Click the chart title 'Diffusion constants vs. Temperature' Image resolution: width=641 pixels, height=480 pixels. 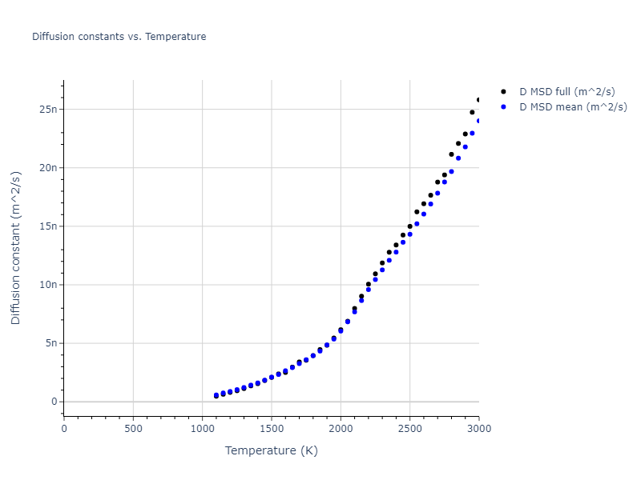pyautogui.click(x=119, y=37)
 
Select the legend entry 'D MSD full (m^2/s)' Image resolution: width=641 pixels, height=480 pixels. pyautogui.click(x=567, y=92)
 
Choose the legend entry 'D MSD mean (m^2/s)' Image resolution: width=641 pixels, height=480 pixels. pyautogui.click(x=573, y=106)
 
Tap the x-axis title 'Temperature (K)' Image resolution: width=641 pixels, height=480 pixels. pyautogui.click(x=272, y=451)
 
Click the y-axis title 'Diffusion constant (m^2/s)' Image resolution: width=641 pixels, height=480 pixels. pyautogui.click(x=16, y=248)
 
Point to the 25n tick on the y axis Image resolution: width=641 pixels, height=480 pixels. pyautogui.click(x=48, y=109)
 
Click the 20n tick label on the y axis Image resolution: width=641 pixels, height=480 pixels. pyautogui.click(x=48, y=167)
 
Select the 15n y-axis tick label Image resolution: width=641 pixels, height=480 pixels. pyautogui.click(x=48, y=226)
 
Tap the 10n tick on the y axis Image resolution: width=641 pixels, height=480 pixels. pyautogui.click(x=48, y=285)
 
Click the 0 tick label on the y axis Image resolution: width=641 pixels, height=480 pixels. pyautogui.click(x=54, y=402)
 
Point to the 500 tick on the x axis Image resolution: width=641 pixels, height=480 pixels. pyautogui.click(x=133, y=428)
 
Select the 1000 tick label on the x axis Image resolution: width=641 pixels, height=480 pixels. pyautogui.click(x=202, y=428)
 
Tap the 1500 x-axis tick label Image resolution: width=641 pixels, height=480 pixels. pyautogui.click(x=272, y=428)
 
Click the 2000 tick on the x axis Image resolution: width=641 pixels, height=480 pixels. pyautogui.click(x=341, y=428)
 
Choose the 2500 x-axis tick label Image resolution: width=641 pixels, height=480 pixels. pyautogui.click(x=409, y=428)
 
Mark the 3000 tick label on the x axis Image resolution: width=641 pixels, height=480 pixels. pyautogui.click(x=478, y=428)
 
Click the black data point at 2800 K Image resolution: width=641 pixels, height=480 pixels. pyautogui.click(x=451, y=154)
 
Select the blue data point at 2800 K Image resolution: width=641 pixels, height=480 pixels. pyautogui.click(x=451, y=171)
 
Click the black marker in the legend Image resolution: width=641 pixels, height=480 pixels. pyautogui.click(x=503, y=92)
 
